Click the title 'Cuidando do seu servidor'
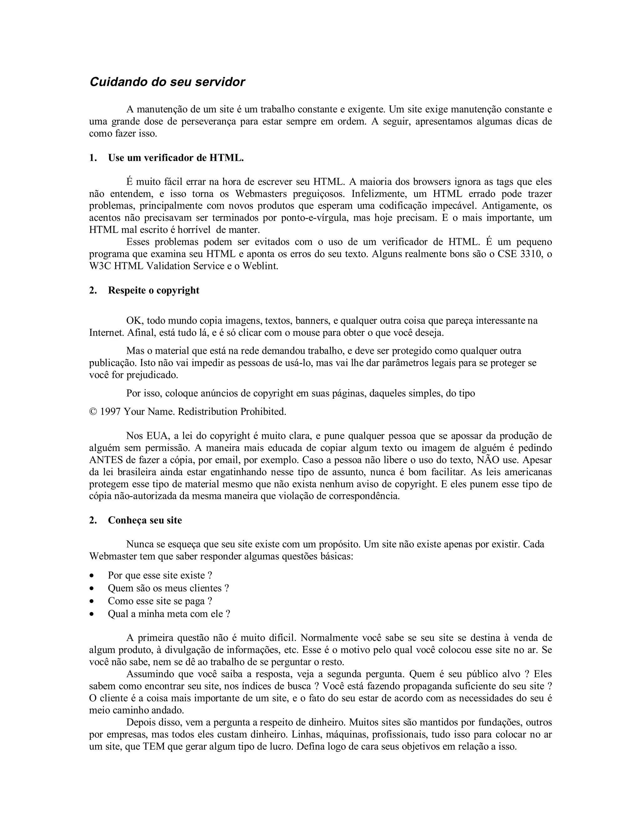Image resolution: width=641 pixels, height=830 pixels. [x=167, y=82]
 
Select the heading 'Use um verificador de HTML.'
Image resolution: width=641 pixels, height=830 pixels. [x=176, y=158]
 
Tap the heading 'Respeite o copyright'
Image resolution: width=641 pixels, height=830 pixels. [x=153, y=290]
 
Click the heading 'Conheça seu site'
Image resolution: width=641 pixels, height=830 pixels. [x=145, y=520]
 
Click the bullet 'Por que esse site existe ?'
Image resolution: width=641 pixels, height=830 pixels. [x=160, y=575]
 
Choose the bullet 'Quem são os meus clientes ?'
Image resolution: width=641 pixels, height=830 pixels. [x=168, y=588]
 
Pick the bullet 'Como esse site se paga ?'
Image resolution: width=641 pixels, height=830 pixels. [x=160, y=601]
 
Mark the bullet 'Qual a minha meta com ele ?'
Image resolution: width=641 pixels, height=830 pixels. [x=169, y=614]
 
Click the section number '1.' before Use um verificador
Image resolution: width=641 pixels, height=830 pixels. [x=93, y=158]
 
